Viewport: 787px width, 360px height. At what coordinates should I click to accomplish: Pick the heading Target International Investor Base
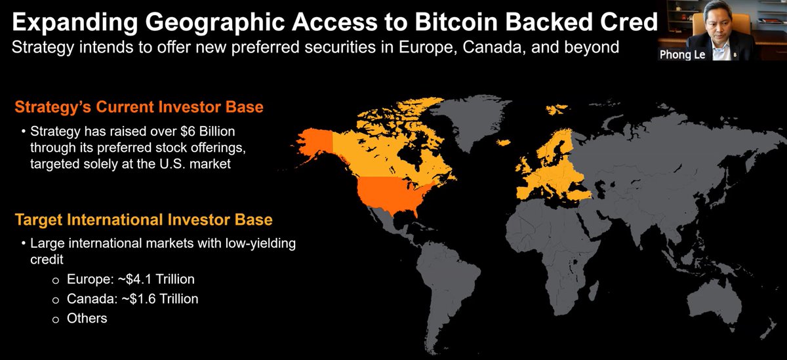click(x=143, y=219)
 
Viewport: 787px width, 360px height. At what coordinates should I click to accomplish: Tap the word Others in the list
click(x=87, y=318)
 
